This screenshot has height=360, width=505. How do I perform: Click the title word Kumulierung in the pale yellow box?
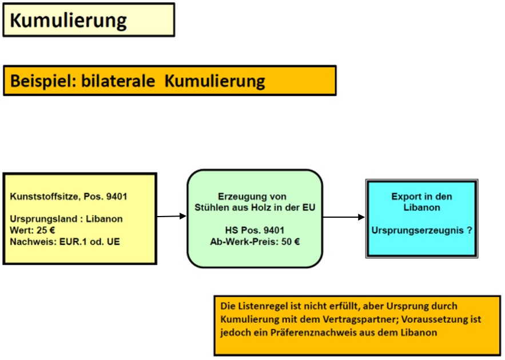(x=68, y=21)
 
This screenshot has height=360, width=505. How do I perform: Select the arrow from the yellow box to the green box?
(x=172, y=216)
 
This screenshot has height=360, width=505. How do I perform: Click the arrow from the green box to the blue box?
(x=344, y=217)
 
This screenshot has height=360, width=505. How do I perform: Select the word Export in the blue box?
(x=405, y=196)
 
